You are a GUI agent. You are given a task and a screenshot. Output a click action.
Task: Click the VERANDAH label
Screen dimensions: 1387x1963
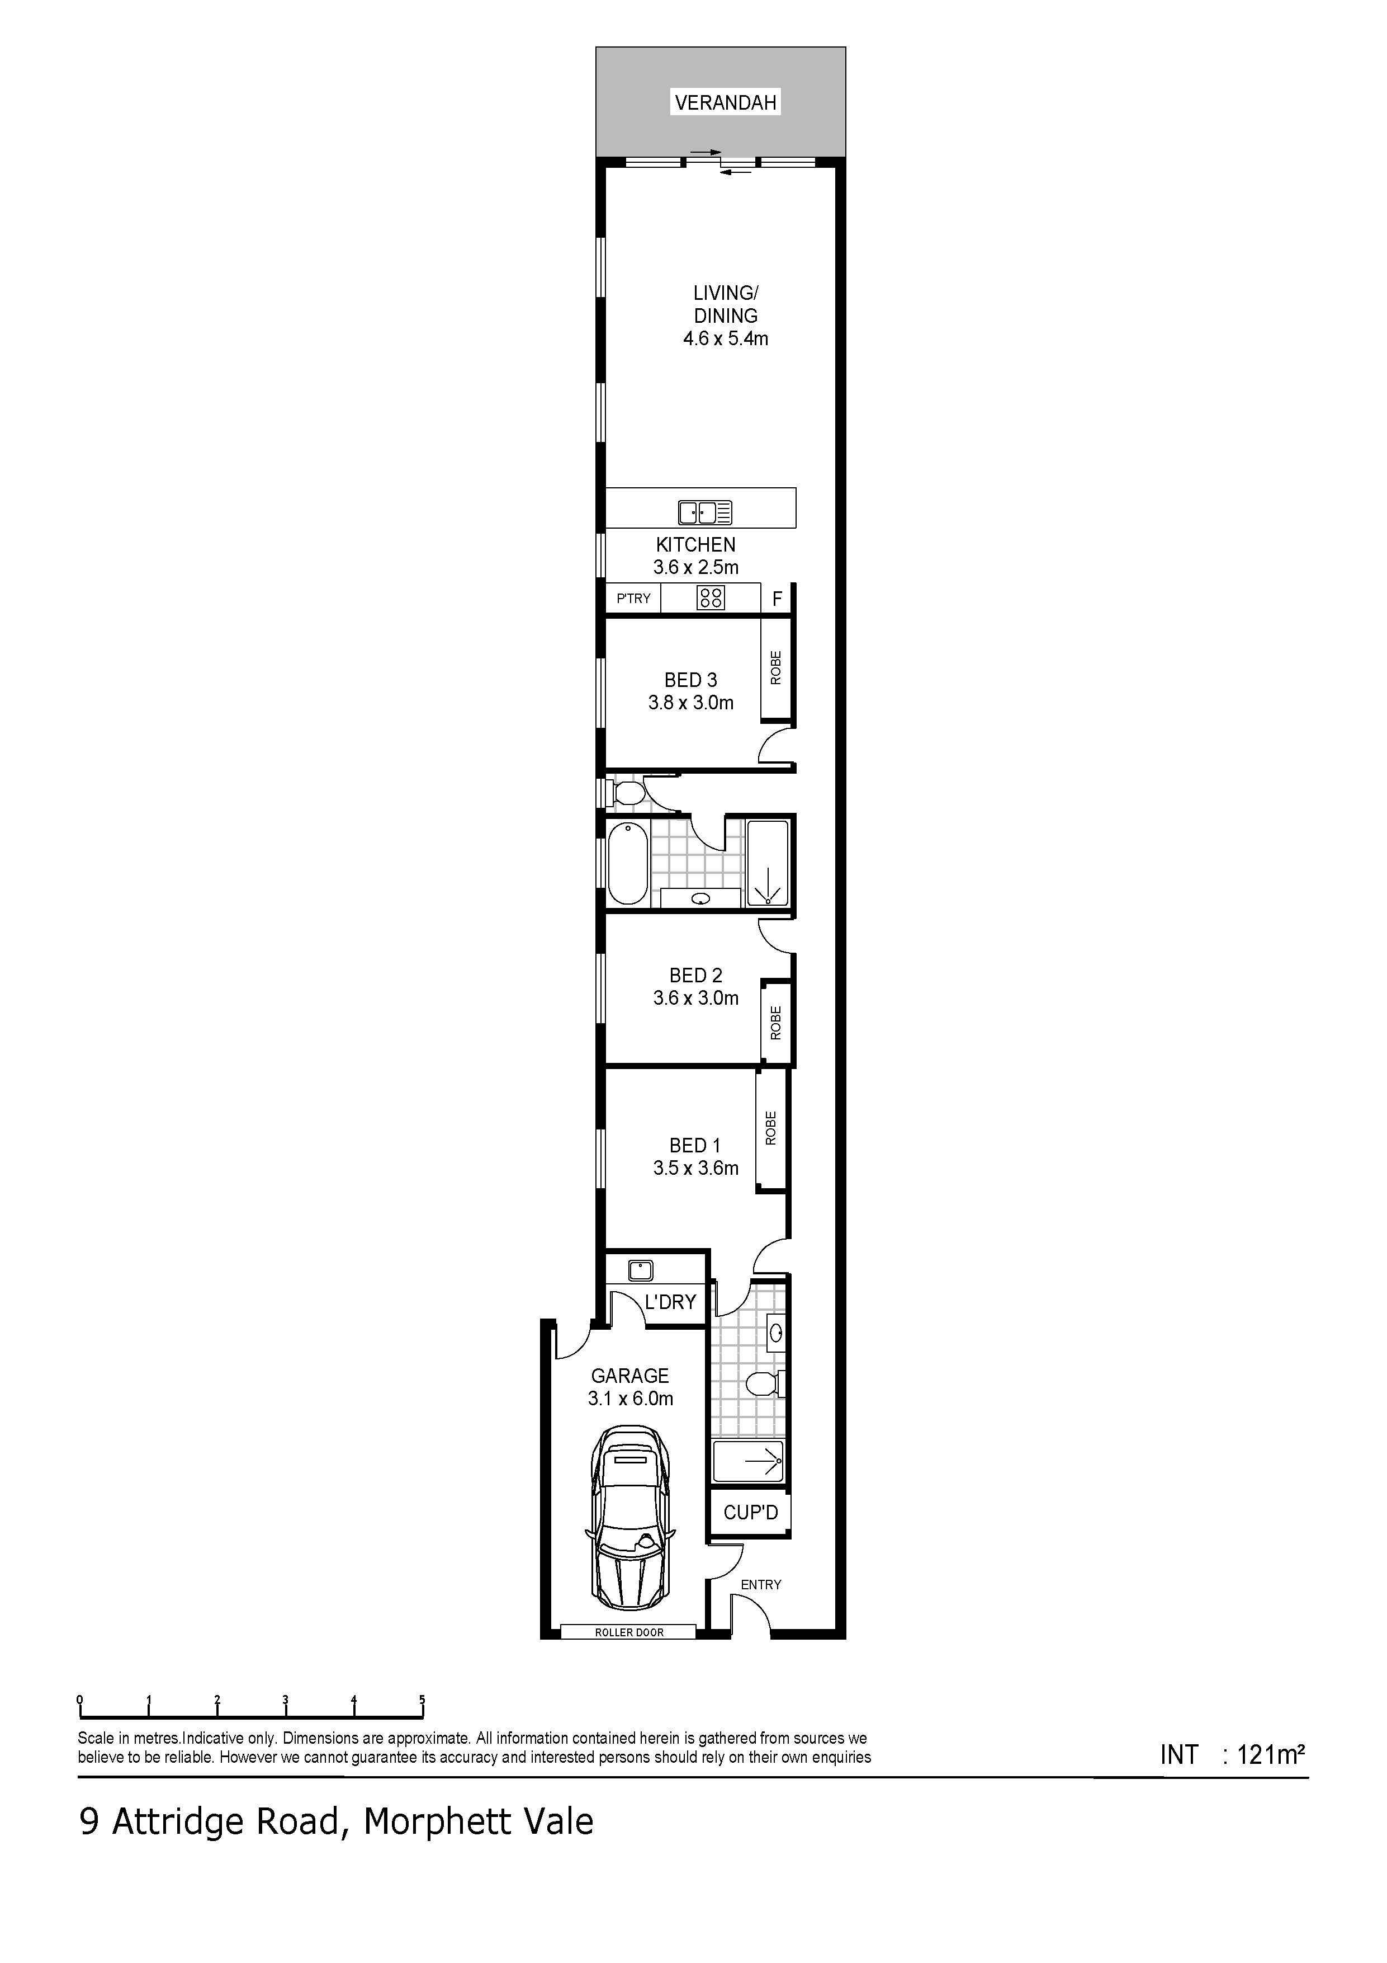click(726, 102)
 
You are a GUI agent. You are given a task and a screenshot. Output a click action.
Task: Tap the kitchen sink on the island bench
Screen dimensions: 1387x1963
click(705, 512)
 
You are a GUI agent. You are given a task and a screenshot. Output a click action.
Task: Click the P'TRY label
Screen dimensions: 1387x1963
click(633, 599)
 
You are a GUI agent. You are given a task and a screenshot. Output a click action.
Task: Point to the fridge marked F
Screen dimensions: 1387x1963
click(777, 599)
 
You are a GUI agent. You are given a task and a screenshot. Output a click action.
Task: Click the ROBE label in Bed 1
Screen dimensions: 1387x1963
click(771, 1128)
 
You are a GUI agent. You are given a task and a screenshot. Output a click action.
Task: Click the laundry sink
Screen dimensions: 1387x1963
click(641, 1270)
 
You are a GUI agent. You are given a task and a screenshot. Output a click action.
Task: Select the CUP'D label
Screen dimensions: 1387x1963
click(751, 1513)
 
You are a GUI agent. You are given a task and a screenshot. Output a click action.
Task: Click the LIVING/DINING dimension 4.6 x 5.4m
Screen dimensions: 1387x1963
click(726, 338)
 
